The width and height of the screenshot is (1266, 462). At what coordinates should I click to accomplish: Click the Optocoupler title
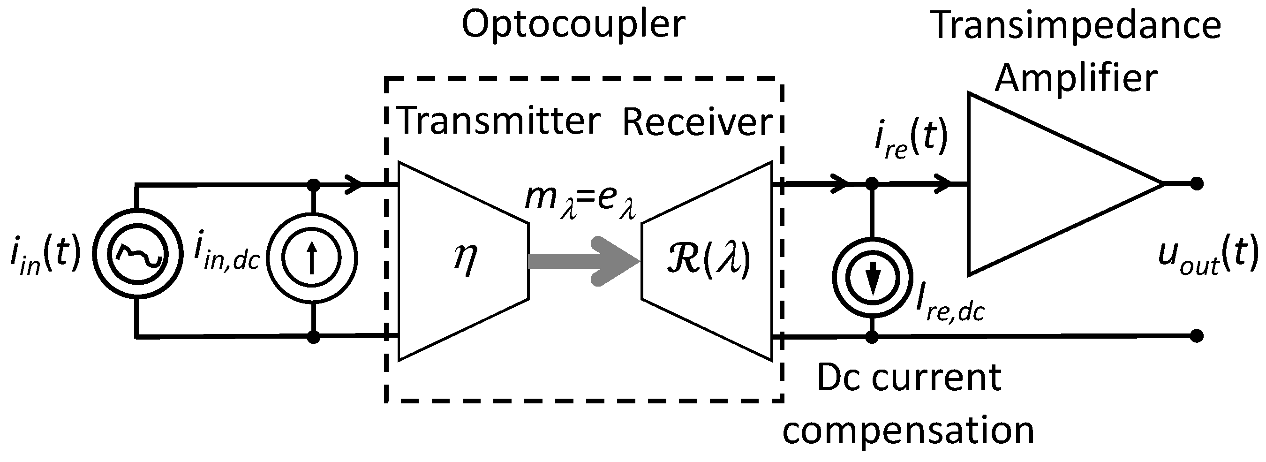point(573,24)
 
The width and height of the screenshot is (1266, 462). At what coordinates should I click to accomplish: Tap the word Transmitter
point(498,121)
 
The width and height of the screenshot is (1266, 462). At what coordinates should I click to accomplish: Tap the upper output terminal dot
point(1197,184)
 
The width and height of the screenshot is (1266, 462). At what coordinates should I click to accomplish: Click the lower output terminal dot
point(1197,336)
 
